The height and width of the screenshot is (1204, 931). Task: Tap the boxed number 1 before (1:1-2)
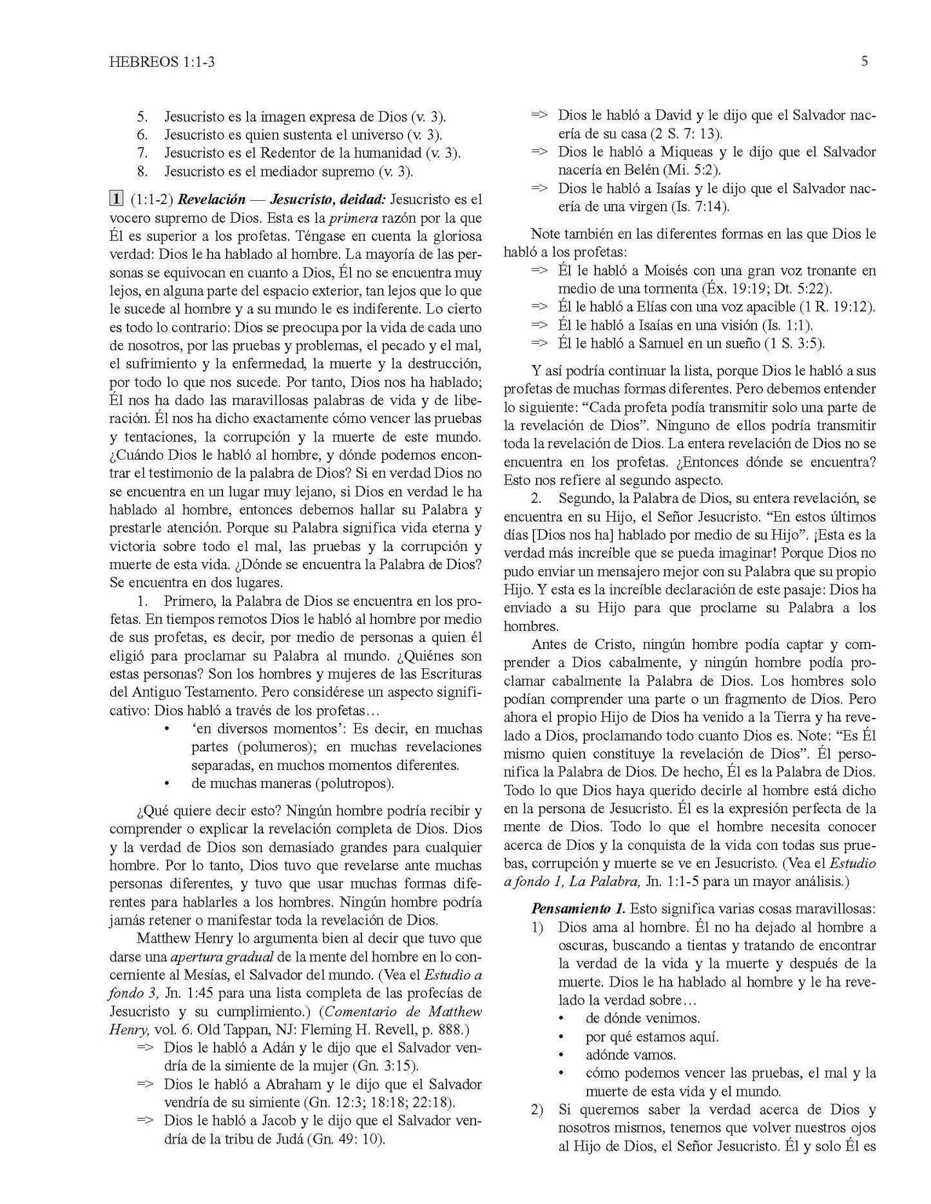[116, 200]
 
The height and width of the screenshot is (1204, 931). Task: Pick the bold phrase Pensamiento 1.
[578, 910]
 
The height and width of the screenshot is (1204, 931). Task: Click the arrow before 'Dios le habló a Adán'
[146, 1048]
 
